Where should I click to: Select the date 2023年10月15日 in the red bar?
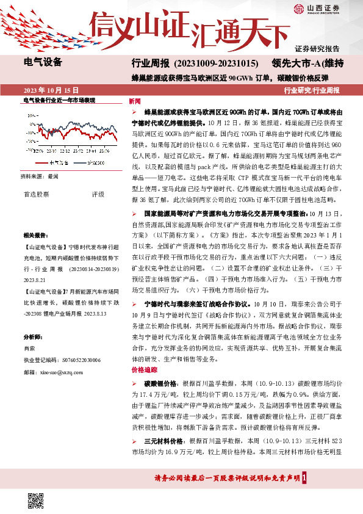click(x=51, y=89)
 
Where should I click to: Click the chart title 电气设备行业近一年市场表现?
click(x=59, y=100)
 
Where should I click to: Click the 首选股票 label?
click(x=37, y=194)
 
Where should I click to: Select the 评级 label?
click(x=98, y=194)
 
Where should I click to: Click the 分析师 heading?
click(x=34, y=336)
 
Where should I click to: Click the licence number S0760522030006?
click(x=76, y=360)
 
